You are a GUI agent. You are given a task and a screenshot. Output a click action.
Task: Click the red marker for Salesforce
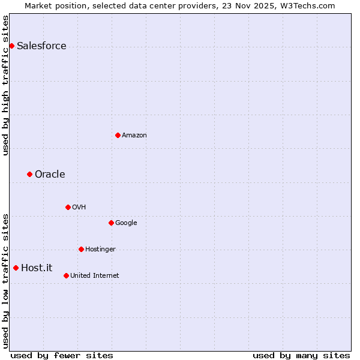(x=11, y=46)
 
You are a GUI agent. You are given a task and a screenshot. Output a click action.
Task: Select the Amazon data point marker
(x=118, y=135)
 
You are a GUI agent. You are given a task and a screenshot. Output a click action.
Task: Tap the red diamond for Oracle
(x=29, y=174)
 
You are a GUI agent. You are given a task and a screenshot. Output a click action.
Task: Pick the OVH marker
(x=68, y=207)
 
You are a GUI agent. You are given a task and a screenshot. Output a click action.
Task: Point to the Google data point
(x=111, y=223)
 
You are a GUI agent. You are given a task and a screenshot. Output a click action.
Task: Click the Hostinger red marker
(x=81, y=249)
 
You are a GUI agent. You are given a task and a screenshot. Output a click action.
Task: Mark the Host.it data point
(x=16, y=268)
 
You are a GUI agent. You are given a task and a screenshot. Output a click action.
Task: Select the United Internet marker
(x=66, y=275)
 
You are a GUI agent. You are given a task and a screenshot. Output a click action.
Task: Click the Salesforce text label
(x=41, y=46)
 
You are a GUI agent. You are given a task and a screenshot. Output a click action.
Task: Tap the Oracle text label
(x=50, y=175)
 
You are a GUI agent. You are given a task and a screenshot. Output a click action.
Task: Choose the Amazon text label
(x=134, y=136)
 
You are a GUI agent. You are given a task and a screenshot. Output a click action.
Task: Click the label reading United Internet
(x=95, y=276)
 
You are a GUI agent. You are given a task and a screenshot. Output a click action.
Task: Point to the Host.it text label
(x=37, y=268)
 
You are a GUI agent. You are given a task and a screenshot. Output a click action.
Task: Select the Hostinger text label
(x=100, y=250)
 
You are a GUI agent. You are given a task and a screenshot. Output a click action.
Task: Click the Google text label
(x=126, y=223)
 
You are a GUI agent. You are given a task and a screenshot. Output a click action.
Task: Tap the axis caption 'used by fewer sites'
(x=62, y=355)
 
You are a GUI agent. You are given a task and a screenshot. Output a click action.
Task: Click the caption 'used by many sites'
(x=301, y=355)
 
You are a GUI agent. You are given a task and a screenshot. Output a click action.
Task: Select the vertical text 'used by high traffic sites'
(x=5, y=85)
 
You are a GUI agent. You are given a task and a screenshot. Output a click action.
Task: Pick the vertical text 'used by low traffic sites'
(x=5, y=281)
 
